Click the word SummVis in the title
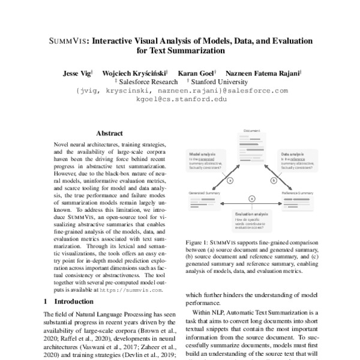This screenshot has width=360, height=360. pyautogui.click(x=65, y=41)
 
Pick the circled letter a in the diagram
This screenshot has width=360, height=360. pyautogui.click(x=230, y=179)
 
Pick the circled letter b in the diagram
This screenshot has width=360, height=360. pyautogui.click(x=274, y=179)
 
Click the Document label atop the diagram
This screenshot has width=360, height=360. pyautogui.click(x=251, y=130)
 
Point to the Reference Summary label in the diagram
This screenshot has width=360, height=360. pyautogui.click(x=298, y=193)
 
